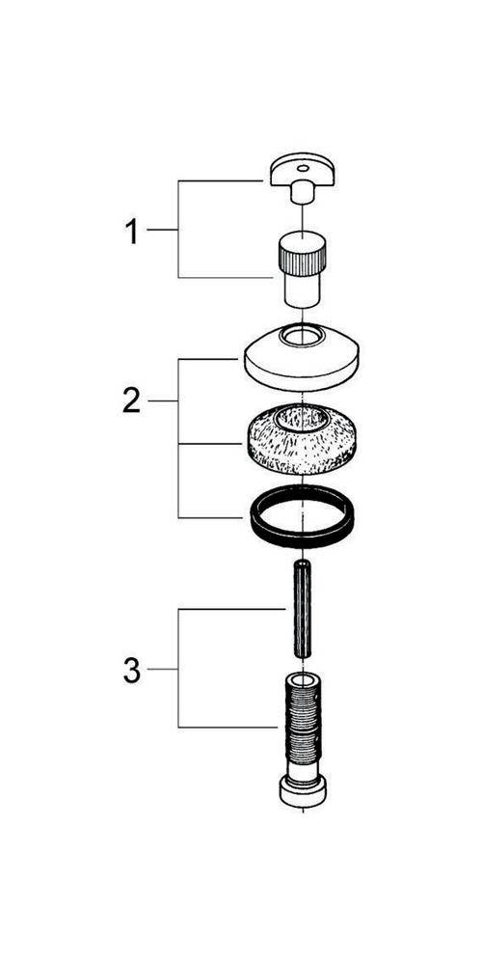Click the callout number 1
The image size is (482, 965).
(x=131, y=233)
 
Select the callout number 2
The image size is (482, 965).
(x=131, y=401)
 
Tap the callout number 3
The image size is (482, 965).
(x=131, y=671)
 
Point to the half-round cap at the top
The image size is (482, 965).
(x=302, y=171)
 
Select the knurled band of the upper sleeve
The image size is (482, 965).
(x=303, y=259)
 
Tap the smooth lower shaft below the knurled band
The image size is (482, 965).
(x=303, y=290)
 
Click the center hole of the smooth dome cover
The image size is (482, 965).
(x=301, y=336)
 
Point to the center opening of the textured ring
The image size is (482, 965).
(x=301, y=420)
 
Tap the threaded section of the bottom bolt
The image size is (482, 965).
(x=303, y=720)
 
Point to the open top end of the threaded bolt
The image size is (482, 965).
(x=303, y=680)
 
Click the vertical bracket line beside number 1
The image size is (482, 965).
(x=178, y=229)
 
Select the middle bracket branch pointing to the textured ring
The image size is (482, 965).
(x=209, y=444)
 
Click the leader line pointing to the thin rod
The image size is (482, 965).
(x=232, y=610)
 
